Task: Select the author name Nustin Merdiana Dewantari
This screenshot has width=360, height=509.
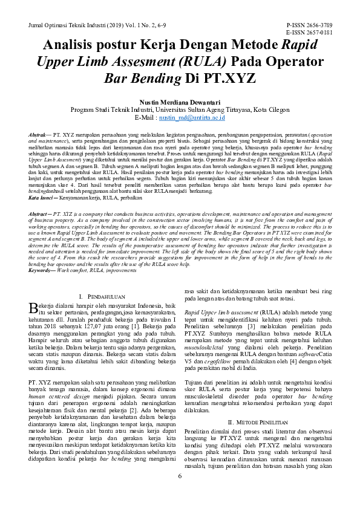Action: tap(180, 102)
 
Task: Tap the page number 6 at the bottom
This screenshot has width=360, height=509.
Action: tap(180, 493)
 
